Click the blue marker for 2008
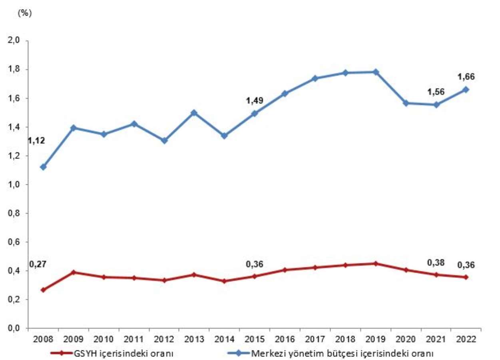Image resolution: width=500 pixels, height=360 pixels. tap(43, 167)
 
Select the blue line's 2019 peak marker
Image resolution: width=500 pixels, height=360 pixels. tap(375, 72)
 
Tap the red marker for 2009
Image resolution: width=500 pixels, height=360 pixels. tap(74, 272)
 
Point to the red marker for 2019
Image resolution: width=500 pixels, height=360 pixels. tap(375, 264)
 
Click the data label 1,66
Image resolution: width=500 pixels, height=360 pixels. tap(466, 77)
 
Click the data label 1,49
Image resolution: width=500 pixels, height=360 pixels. tap(254, 100)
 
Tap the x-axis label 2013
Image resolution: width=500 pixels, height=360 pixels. tap(194, 339)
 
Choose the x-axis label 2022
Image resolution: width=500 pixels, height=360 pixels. tap(466, 339)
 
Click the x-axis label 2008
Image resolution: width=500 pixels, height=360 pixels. tap(43, 339)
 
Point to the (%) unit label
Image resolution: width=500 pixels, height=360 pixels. tap(24, 13)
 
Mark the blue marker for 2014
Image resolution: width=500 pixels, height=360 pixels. tap(224, 136)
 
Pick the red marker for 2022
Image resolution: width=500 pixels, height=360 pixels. tap(466, 277)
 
